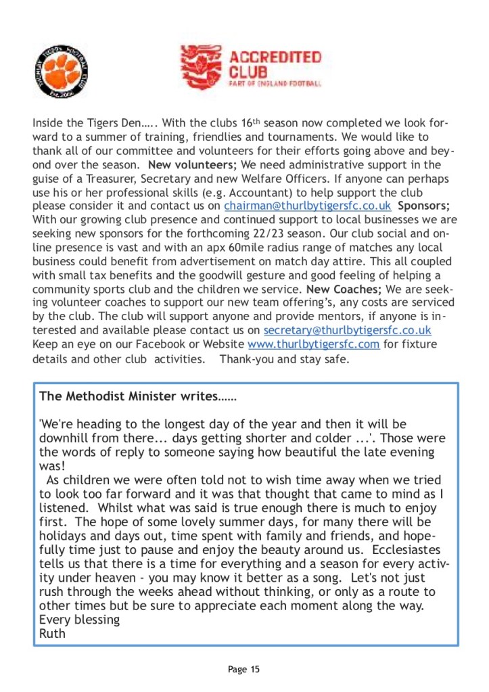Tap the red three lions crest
201,67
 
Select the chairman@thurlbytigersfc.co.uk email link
308,206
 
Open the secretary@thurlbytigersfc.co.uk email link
347,330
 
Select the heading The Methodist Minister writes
138,395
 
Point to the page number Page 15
243,670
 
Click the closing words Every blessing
79,620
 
